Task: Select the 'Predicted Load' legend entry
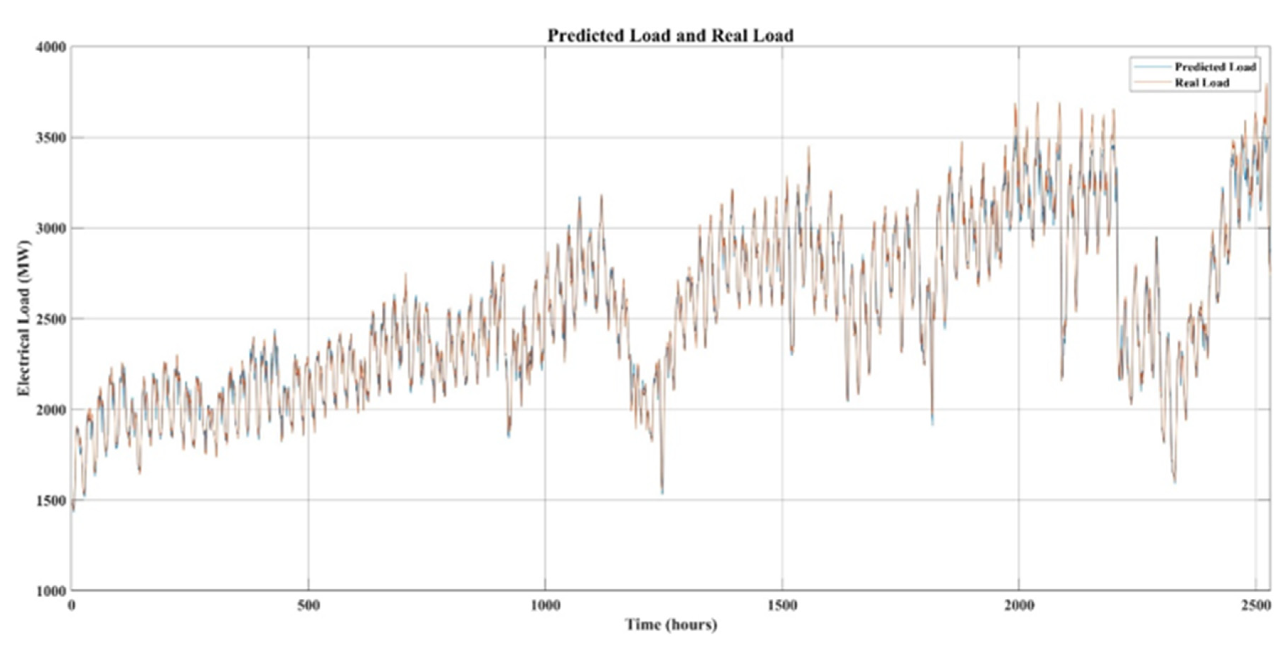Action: coord(1214,67)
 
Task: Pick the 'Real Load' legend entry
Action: coord(1202,83)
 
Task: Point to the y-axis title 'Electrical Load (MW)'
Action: coord(23,318)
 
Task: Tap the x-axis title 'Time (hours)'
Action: coord(671,624)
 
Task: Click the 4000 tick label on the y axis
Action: coord(51,47)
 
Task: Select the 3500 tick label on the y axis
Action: coord(51,138)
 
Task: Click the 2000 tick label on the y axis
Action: coord(51,410)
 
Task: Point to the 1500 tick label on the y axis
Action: coord(51,500)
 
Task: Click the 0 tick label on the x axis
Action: coord(72,606)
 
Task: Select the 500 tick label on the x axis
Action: coord(308,606)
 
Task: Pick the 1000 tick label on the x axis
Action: coord(545,606)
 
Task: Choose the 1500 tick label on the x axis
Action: coord(782,606)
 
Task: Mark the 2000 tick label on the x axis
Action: coord(1019,606)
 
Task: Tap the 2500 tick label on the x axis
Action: coord(1255,606)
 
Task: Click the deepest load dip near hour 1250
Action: coord(662,492)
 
